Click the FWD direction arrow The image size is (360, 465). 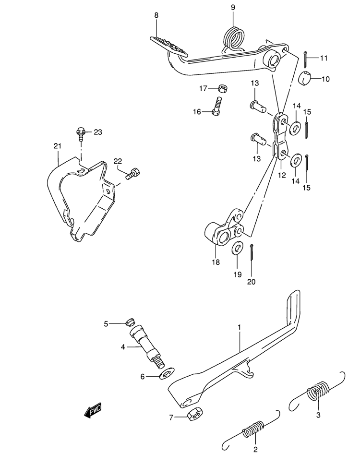(x=93, y=410)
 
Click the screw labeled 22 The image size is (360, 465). (x=132, y=174)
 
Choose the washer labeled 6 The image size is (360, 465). (x=167, y=373)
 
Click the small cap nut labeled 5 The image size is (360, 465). (x=130, y=322)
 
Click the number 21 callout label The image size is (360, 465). (x=57, y=146)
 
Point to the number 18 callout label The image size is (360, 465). (x=216, y=262)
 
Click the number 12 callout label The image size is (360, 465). (x=282, y=175)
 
